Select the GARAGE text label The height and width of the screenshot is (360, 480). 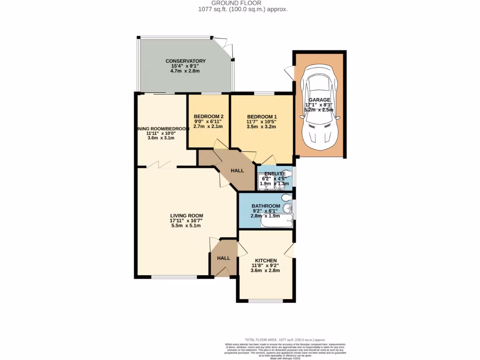click(x=319, y=100)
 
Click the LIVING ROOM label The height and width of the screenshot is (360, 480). click(x=186, y=216)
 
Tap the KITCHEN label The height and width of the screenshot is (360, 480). click(x=265, y=261)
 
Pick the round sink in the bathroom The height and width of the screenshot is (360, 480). click(x=290, y=209)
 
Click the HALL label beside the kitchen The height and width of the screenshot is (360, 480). click(x=223, y=258)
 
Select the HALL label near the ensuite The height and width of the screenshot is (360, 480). click(x=238, y=171)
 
